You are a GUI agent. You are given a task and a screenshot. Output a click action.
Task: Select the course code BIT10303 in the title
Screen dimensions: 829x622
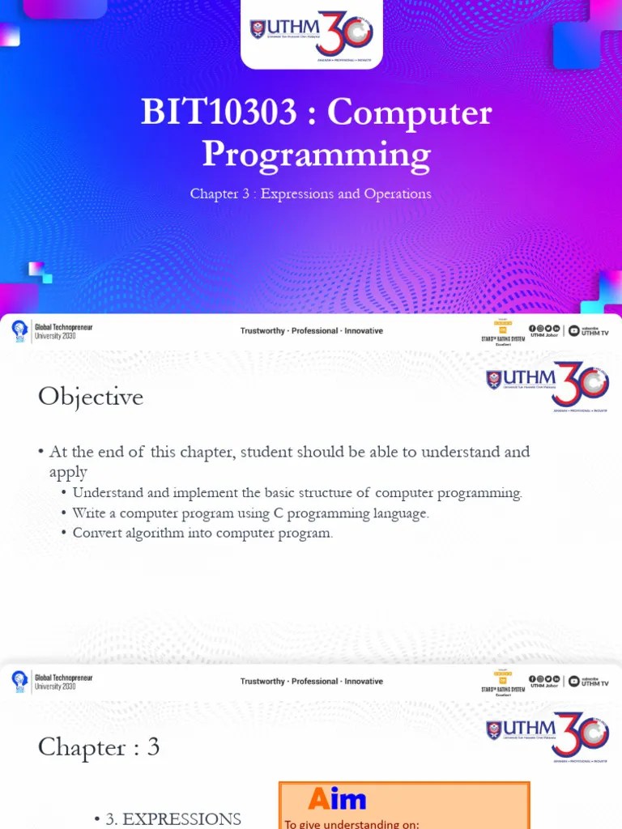point(219,113)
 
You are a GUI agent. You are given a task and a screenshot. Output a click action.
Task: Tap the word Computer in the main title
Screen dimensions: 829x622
point(410,113)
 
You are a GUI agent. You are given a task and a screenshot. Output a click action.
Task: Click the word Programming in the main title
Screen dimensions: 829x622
point(316,154)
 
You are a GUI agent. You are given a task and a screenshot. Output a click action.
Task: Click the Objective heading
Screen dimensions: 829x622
point(91,397)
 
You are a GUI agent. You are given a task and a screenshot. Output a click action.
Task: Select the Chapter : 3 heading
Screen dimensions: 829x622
point(99,747)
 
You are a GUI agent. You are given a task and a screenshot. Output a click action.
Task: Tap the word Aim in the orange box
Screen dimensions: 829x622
point(337,799)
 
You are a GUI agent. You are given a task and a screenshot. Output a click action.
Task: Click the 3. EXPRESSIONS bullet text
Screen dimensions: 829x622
point(173,818)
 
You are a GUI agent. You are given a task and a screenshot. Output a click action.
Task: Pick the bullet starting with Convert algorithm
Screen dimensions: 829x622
point(202,533)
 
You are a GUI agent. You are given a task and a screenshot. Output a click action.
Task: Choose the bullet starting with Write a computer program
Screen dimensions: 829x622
point(250,512)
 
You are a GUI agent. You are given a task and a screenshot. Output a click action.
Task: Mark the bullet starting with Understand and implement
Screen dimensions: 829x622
point(297,493)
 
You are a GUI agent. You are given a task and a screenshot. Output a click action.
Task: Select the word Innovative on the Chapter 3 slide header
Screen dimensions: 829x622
point(364,682)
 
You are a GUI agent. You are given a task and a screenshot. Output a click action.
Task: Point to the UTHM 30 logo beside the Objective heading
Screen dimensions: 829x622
point(547,384)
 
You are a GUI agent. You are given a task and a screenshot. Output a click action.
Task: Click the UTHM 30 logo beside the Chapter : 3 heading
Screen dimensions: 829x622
point(547,734)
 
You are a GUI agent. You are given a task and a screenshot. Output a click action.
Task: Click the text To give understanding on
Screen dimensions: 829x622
point(351,824)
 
